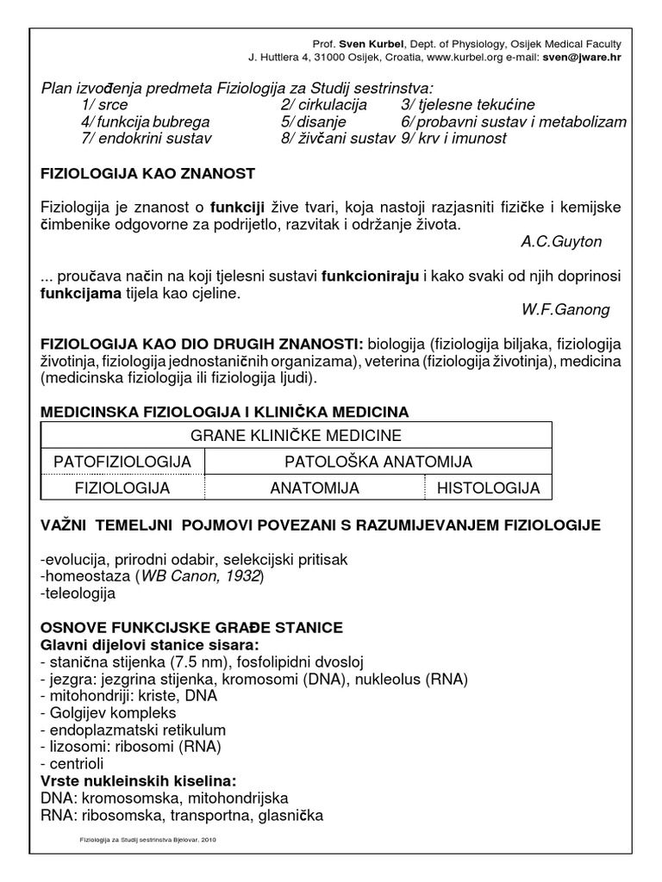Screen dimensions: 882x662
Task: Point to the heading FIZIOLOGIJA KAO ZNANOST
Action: [147, 174]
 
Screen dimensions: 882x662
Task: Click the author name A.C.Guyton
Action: [561, 242]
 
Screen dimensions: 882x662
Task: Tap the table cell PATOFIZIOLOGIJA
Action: [122, 463]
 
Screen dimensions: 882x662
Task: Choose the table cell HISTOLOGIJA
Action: [488, 488]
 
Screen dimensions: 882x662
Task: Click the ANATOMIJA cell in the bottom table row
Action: [314, 488]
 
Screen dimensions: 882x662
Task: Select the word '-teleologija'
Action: [78, 593]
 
